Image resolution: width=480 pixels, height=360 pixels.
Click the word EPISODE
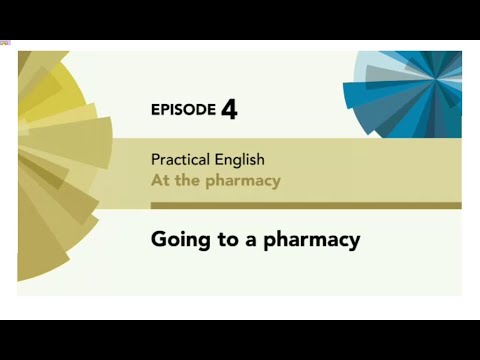(183, 109)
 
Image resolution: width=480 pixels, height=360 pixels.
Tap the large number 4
(229, 108)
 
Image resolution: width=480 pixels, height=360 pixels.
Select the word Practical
(182, 159)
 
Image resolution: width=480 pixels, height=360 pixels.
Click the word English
(242, 159)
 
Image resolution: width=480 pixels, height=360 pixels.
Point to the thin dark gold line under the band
(300, 206)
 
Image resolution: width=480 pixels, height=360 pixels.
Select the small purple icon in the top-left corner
(5, 42)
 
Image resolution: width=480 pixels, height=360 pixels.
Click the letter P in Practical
(155, 159)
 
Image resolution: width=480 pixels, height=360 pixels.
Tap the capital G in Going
(159, 239)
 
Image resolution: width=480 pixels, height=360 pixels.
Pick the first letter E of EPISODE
(154, 109)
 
